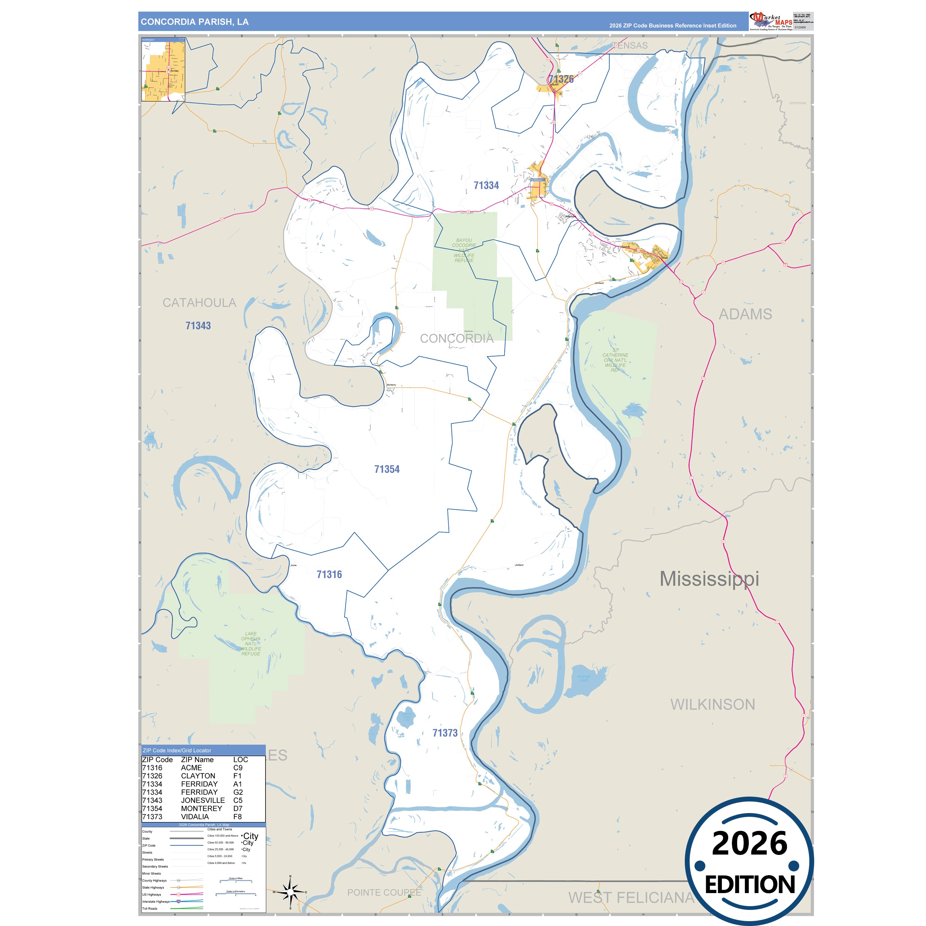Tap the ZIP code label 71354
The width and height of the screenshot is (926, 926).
[387, 469]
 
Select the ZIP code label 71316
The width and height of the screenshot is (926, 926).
[329, 574]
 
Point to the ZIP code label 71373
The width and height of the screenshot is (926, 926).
[445, 733]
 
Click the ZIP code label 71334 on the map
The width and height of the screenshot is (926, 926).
[486, 185]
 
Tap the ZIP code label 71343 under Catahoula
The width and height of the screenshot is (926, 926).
[198, 326]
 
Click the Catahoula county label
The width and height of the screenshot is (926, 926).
[199, 303]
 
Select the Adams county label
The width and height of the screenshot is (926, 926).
[745, 315]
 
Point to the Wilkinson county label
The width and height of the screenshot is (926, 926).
[713, 705]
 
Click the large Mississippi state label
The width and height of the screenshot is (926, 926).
[709, 579]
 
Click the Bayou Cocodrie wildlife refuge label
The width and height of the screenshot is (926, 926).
[464, 250]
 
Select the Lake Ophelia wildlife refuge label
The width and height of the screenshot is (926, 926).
[251, 644]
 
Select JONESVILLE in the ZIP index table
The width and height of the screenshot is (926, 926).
[203, 800]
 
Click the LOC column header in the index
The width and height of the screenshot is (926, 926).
[240, 760]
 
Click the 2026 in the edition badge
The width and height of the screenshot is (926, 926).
[749, 844]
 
